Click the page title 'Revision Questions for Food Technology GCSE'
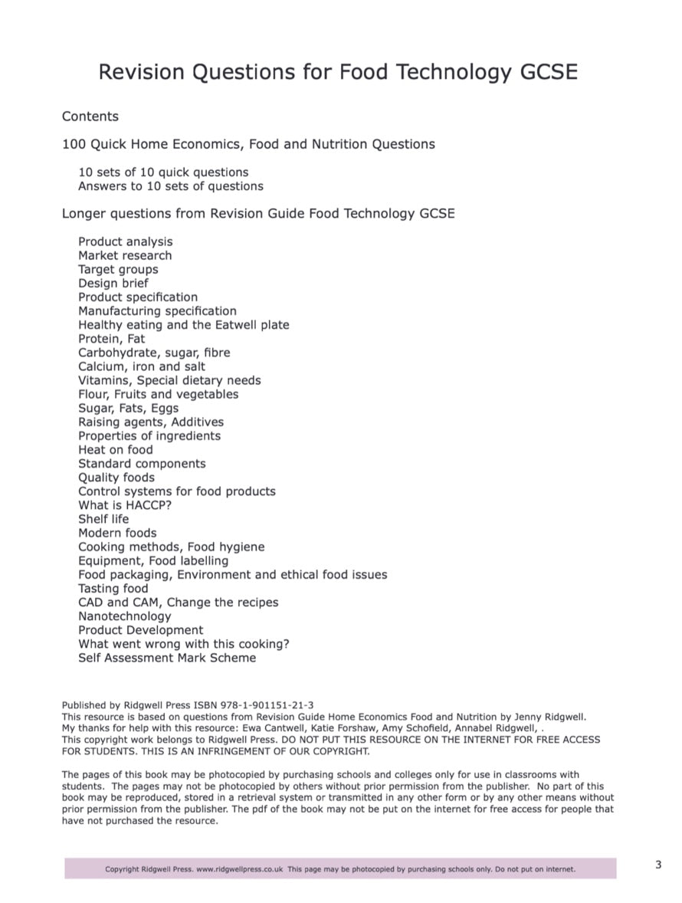[338, 73]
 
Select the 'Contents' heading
[90, 117]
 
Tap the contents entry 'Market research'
[125, 255]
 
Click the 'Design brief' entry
[113, 283]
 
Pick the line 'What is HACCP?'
[125, 505]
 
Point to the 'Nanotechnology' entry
[125, 616]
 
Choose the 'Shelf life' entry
[103, 519]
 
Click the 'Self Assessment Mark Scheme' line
[167, 658]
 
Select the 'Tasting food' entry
[113, 589]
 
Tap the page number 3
[658, 865]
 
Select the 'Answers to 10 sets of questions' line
[170, 186]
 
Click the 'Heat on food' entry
[116, 450]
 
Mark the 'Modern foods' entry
[117, 533]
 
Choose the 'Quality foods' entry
[116, 478]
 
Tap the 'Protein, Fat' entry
[111, 339]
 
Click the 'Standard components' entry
[142, 464]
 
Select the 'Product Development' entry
[141, 630]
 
